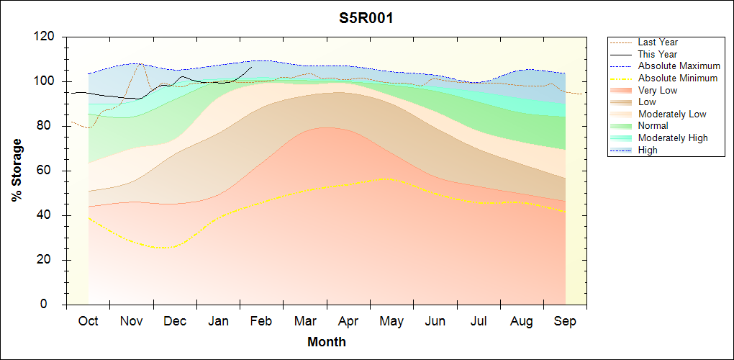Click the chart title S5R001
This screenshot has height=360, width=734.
(366, 19)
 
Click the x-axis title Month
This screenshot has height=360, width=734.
(326, 342)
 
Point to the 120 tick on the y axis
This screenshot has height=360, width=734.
(45, 37)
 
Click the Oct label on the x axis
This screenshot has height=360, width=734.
(88, 322)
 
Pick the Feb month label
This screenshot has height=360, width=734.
(261, 322)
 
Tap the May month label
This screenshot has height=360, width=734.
(391, 322)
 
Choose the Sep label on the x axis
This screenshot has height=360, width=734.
(565, 322)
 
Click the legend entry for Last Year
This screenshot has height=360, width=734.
(657, 42)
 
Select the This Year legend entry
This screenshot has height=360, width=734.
(657, 54)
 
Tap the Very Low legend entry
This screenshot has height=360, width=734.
(658, 90)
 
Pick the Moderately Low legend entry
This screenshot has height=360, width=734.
(672, 114)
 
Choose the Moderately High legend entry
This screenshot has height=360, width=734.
(673, 138)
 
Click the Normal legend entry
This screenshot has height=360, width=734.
(653, 126)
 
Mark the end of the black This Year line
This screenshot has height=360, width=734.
(251, 67)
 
